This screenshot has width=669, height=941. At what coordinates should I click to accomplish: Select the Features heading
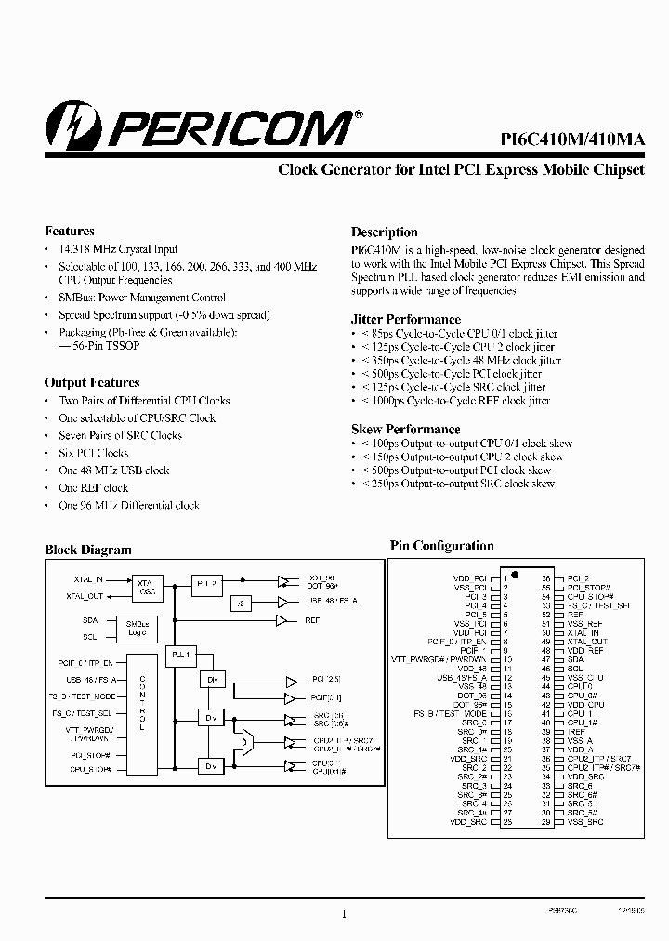70,231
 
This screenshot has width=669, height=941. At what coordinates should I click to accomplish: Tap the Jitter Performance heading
405,319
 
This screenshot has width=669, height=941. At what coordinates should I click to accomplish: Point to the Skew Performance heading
405,429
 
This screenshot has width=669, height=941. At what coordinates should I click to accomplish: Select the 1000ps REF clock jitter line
455,401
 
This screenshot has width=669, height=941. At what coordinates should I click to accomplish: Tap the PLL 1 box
180,655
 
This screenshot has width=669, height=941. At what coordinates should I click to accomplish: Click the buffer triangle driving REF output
282,619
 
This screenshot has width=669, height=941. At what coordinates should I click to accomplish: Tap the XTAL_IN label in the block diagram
85,579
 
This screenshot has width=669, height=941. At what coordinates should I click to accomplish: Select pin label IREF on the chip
575,733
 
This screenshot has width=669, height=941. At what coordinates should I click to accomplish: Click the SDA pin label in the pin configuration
575,659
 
